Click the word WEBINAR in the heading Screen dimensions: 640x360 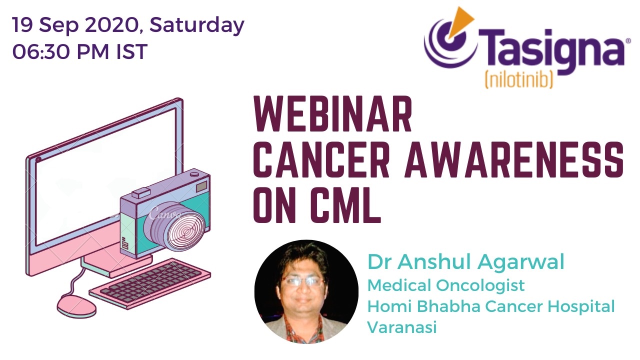pos(333,114)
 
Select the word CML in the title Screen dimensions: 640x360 pos(345,204)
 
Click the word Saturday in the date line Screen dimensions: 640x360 pos(197,25)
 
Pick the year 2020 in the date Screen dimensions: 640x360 pos(111,25)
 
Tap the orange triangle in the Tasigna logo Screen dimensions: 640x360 pos(460,20)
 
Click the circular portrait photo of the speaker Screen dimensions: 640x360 pos(306,291)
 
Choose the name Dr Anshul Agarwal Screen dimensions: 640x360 pos(465,261)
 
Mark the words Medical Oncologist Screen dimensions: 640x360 pos(446,285)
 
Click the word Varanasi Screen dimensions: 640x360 pos(402,327)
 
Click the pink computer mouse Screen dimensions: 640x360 pos(76,306)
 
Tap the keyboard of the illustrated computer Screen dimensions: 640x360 pos(150,284)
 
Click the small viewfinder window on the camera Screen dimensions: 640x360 pos(201,186)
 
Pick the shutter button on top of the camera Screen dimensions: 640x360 pos(194,173)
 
